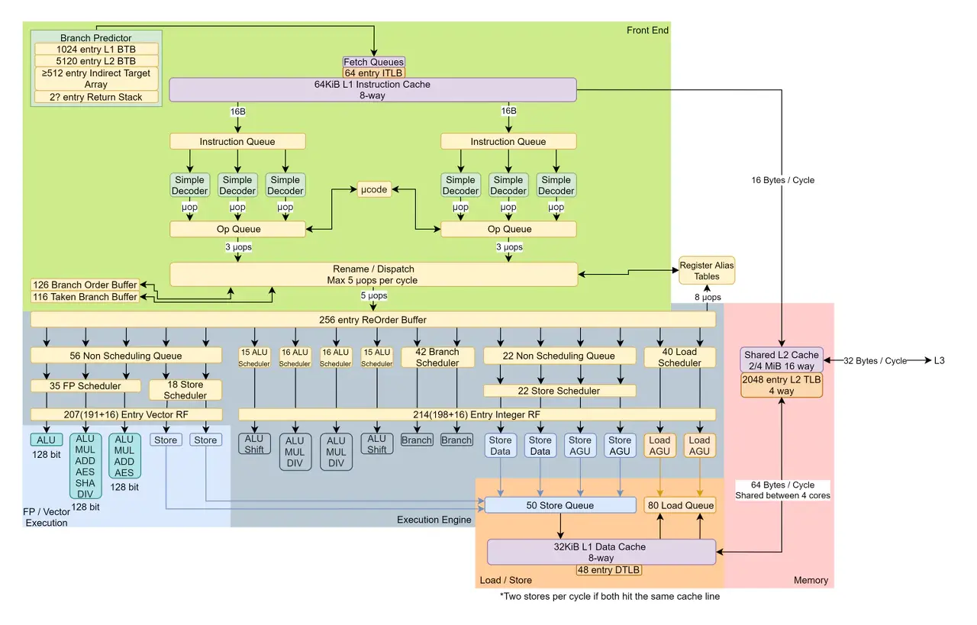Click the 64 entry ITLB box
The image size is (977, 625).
[x=373, y=73]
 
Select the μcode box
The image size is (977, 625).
[x=374, y=189]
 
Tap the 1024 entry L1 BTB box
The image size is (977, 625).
[x=96, y=49]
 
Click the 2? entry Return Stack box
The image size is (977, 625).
[x=96, y=97]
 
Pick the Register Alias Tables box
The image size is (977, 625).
[x=706, y=271]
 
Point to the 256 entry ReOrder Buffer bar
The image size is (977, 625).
[x=372, y=319]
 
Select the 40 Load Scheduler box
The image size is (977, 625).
[x=679, y=357]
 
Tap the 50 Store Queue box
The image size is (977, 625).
[x=560, y=505]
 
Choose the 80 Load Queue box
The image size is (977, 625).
[x=679, y=505]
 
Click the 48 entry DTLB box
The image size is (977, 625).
[x=608, y=569]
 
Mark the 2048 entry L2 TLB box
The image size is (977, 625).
[x=782, y=385]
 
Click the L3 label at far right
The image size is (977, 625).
[x=938, y=360]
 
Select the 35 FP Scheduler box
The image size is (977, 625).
[x=85, y=386]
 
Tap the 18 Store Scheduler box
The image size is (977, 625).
[x=185, y=390]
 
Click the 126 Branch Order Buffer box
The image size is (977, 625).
[x=85, y=285]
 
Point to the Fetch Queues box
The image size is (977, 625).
[x=373, y=62]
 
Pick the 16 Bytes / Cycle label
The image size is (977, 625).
[x=782, y=180]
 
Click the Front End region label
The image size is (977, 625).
[x=647, y=31]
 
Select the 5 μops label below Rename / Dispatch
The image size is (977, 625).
[x=373, y=295]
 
